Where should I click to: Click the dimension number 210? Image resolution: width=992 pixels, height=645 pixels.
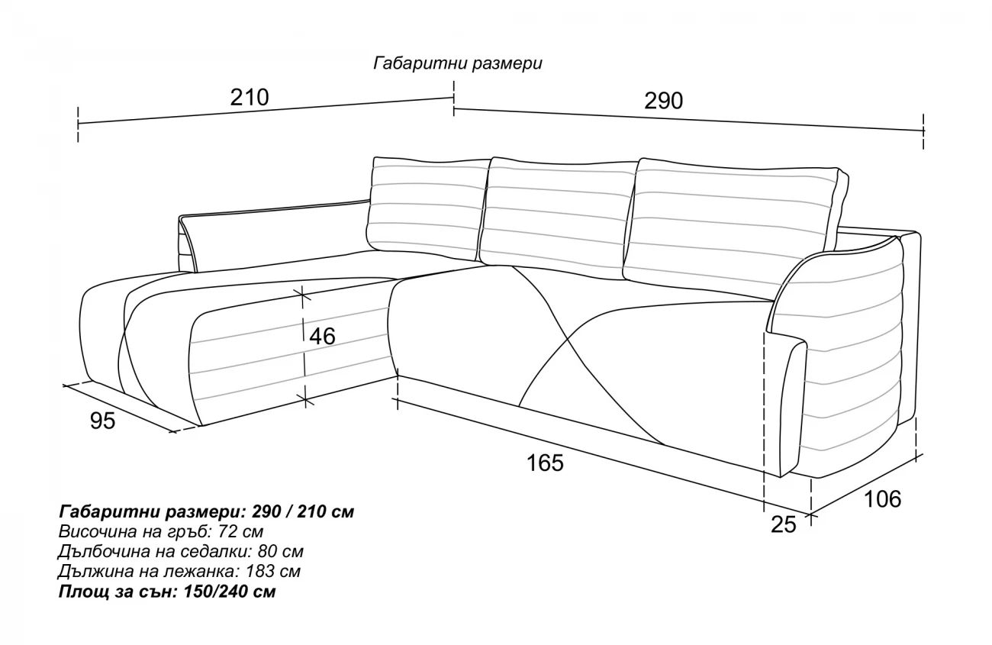click(250, 98)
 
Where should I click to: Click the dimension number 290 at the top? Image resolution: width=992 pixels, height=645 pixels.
click(663, 101)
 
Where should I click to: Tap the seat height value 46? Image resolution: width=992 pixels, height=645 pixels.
click(322, 336)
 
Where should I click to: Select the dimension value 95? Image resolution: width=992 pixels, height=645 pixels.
click(102, 421)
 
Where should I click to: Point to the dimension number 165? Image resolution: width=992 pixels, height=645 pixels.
click(545, 462)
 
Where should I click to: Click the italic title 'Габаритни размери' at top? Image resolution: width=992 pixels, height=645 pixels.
click(458, 63)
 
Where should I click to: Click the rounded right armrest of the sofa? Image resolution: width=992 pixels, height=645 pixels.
click(847, 351)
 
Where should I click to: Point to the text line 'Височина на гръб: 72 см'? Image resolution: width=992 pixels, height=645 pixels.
click(161, 531)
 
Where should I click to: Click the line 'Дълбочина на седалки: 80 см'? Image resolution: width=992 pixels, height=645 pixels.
click(180, 551)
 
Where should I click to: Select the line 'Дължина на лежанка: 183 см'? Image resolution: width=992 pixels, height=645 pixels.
click(179, 571)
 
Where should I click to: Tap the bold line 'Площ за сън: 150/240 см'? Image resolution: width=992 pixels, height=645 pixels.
click(166, 592)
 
